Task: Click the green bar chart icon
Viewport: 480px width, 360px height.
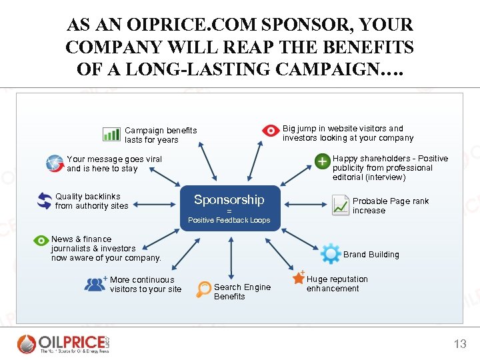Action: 111,134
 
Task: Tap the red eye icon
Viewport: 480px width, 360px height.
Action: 270,131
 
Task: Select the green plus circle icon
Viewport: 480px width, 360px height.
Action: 322,163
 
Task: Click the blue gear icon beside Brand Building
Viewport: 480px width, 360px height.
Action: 331,254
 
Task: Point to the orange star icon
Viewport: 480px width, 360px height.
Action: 298,279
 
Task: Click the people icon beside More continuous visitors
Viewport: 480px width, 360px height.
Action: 95,284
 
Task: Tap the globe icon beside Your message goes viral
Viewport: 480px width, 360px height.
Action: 55,163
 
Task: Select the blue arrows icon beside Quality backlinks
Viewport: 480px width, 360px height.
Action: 45,201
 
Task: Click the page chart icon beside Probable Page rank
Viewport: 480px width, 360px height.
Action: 341,205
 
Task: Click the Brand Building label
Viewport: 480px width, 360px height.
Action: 371,255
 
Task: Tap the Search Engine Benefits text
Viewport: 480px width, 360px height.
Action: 242,292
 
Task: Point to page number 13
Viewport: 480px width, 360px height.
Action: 460,344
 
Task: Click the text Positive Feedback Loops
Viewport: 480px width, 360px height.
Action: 229,220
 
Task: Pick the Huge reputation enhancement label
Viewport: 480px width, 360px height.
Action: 337,284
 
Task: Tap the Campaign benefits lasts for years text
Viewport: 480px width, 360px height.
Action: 161,135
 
